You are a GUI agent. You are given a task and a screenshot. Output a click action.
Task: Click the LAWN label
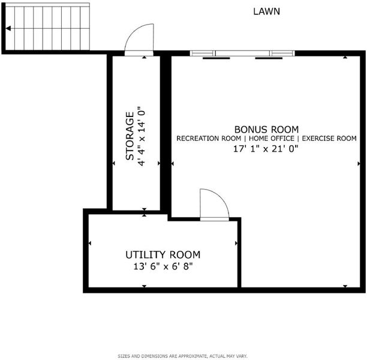tap(267, 11)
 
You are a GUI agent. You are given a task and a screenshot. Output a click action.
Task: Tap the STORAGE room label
tap(130, 136)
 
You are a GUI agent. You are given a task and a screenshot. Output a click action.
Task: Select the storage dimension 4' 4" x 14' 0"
tap(142, 136)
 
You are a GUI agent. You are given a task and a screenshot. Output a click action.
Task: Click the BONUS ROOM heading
tap(266, 130)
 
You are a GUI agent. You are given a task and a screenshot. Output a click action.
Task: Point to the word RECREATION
tap(197, 139)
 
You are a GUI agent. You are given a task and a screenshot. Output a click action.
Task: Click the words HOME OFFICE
tap(272, 139)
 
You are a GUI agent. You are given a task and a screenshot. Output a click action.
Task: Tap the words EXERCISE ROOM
tap(329, 139)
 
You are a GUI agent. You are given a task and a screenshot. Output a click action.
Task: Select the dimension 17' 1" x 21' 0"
tap(266, 149)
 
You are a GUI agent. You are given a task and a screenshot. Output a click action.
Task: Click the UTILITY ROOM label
tap(163, 255)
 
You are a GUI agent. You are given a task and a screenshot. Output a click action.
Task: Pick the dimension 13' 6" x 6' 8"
tap(163, 266)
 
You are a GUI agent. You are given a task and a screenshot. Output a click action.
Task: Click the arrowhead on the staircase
tap(8, 29)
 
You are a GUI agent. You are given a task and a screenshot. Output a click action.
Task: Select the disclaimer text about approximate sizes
tap(182, 356)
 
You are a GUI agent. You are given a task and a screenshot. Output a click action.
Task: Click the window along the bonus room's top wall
tap(242, 53)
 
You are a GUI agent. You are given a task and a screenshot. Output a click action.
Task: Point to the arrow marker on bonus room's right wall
tap(359, 164)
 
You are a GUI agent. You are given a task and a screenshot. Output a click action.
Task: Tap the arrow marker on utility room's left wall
tap(89, 244)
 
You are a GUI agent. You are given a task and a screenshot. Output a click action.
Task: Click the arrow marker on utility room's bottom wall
tap(144, 286)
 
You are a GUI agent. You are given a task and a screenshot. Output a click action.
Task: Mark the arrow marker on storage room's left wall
tap(114, 163)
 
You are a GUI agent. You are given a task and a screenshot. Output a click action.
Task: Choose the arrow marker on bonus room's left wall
tap(173, 164)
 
